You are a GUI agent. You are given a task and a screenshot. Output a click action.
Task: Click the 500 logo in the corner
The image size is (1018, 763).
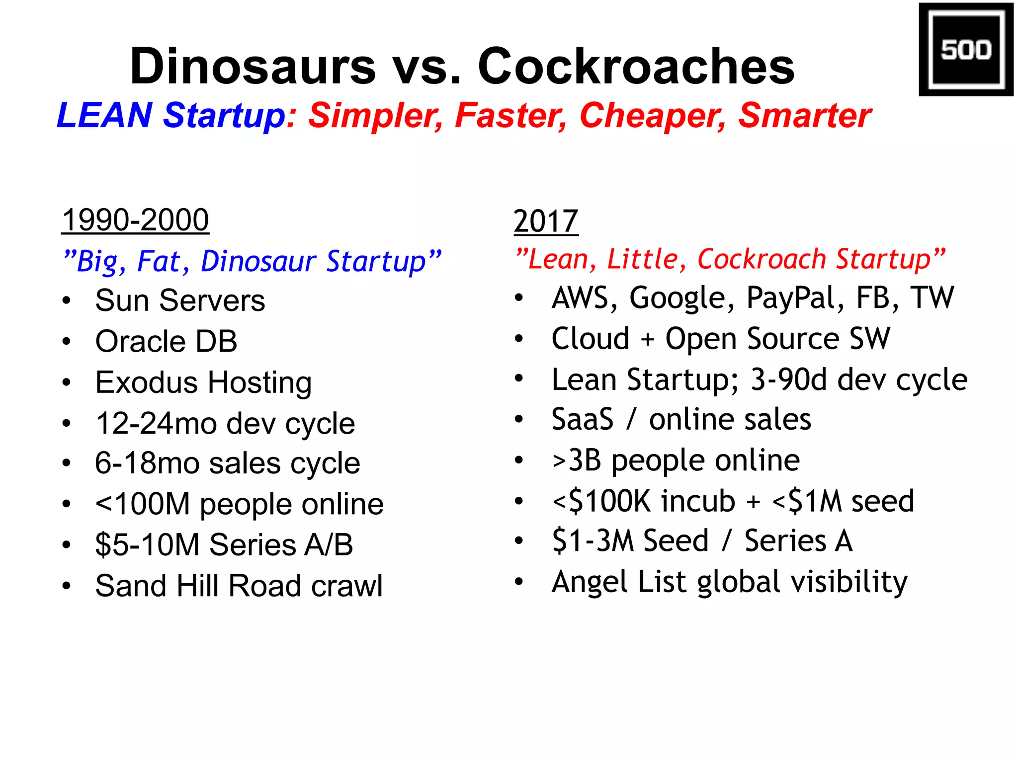[x=965, y=50]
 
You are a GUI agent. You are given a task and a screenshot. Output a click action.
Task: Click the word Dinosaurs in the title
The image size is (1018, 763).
[x=253, y=66]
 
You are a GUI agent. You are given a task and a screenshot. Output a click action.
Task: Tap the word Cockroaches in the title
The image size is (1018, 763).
[x=636, y=66]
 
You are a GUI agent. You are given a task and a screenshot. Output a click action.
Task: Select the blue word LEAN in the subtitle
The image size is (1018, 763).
[x=104, y=115]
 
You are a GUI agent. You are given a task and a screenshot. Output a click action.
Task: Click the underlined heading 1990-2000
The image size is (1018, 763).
[x=135, y=220]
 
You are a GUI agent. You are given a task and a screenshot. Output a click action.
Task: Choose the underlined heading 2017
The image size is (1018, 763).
[x=546, y=222]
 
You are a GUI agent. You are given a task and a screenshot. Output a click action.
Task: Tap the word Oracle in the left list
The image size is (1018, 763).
[x=141, y=342]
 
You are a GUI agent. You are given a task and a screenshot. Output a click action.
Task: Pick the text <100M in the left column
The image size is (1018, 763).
[x=143, y=504]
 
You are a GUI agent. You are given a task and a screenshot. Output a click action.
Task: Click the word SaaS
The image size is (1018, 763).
[x=583, y=420]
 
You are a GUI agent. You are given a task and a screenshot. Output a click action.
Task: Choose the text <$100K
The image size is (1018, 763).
[x=601, y=501]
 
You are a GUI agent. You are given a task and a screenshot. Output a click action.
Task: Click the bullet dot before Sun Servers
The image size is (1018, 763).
[x=67, y=301]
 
